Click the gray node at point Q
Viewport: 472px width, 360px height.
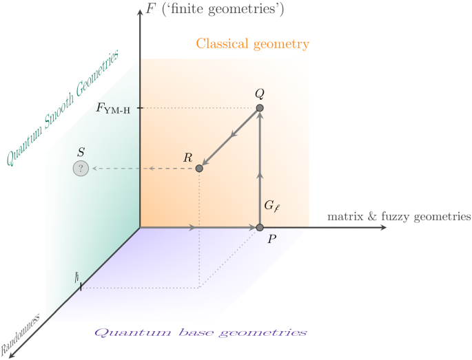coord(260,108)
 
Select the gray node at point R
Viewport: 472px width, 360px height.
coord(199,168)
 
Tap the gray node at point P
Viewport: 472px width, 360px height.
coord(260,228)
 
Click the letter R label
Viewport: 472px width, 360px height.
coord(187,158)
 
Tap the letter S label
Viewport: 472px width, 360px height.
coord(81,151)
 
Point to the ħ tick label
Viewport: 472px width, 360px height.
coord(78,277)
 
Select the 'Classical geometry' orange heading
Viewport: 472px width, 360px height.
coord(252,44)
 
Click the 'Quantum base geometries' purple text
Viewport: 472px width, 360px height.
coord(200,332)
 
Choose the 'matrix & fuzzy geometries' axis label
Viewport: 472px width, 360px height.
coord(398,216)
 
